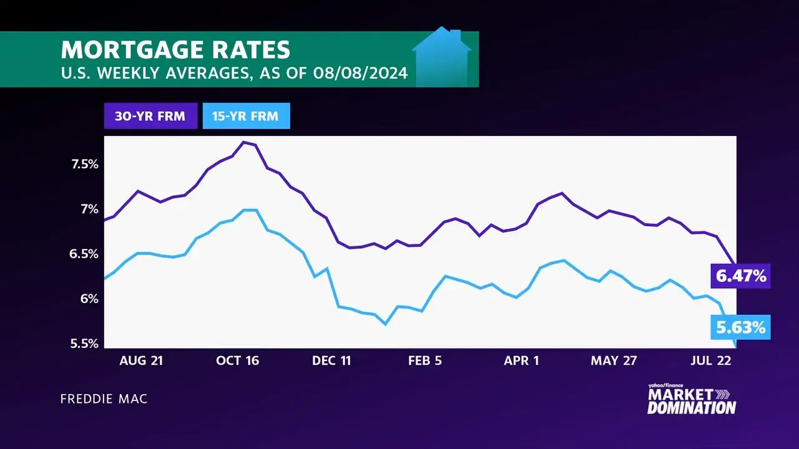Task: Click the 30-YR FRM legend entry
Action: [x=150, y=116]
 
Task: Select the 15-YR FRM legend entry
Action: [x=246, y=116]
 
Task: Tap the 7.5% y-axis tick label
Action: [x=85, y=164]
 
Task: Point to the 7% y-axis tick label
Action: [x=90, y=209]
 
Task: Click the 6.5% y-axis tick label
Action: [x=85, y=254]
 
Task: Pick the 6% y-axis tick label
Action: [x=90, y=299]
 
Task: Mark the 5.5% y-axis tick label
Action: [x=85, y=344]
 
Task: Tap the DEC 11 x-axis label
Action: [x=331, y=360]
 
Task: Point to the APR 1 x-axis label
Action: [x=521, y=360]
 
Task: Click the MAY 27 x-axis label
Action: [x=614, y=360]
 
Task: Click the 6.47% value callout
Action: [x=740, y=276]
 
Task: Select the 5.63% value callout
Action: [x=740, y=327]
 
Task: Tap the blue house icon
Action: [x=442, y=59]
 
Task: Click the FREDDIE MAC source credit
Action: [x=104, y=398]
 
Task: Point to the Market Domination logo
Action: [x=692, y=401]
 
